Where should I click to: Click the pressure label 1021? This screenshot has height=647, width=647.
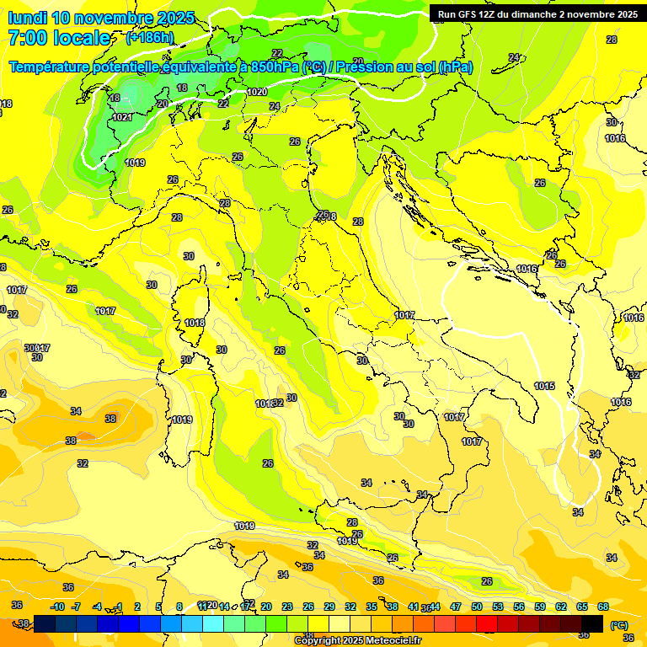click(x=122, y=117)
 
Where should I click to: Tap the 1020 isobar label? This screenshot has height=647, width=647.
click(x=258, y=92)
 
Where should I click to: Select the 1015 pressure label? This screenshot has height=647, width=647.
click(x=544, y=386)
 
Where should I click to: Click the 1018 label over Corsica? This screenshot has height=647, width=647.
click(x=195, y=323)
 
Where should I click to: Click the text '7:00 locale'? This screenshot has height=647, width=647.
click(x=59, y=38)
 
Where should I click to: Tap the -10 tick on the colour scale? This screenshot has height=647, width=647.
click(x=57, y=607)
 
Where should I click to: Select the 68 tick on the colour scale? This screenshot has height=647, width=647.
click(x=603, y=607)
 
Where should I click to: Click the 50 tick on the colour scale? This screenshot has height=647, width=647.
click(x=477, y=607)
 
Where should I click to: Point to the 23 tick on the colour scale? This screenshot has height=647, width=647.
click(x=287, y=607)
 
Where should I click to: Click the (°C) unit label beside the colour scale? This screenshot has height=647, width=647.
click(x=619, y=625)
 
